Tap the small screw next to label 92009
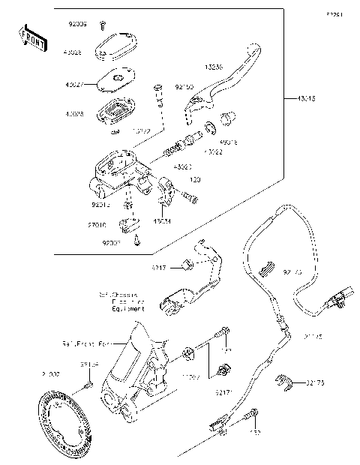(x=103, y=25)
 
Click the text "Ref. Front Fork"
(x=84, y=343)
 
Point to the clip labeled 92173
(x=283, y=383)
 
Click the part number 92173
(x=316, y=384)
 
